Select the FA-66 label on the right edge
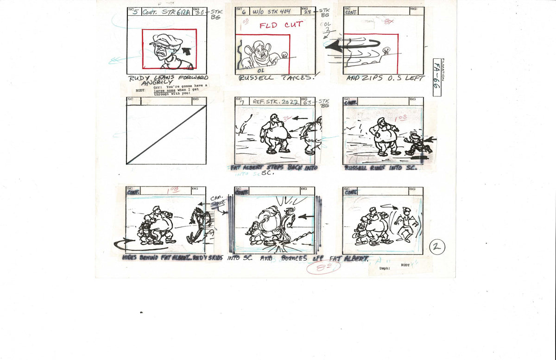click(x=436, y=77)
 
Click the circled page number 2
click(x=436, y=247)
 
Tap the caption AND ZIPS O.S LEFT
click(x=385, y=78)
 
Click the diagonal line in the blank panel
click(x=166, y=134)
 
